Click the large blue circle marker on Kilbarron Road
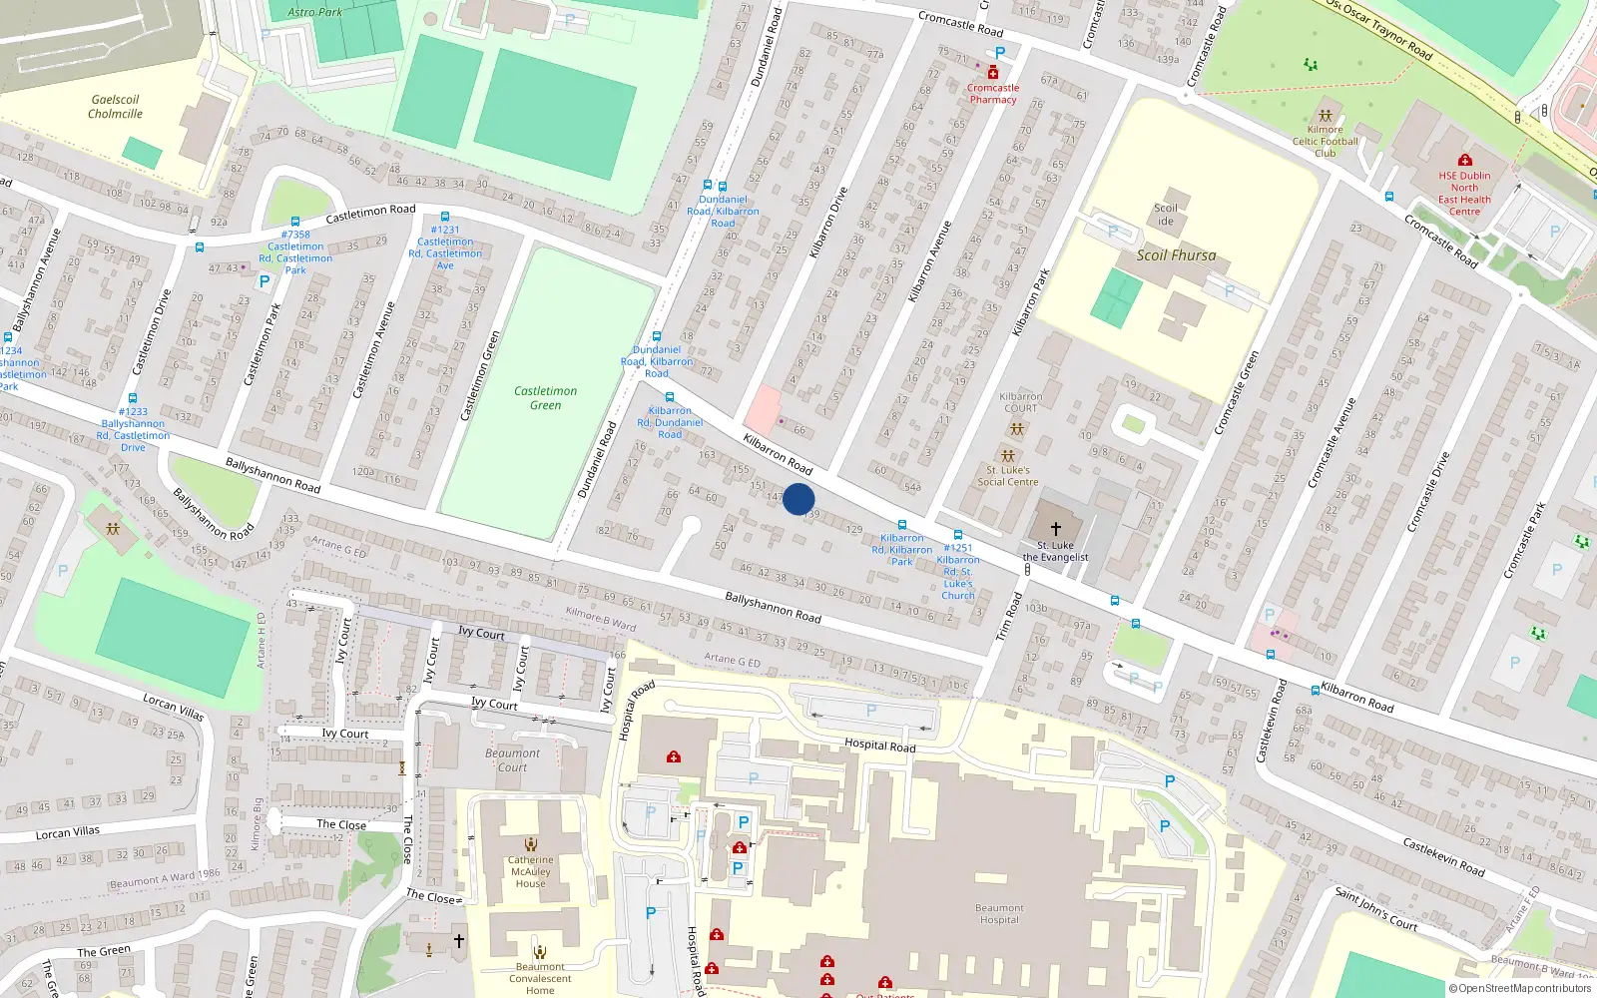tap(798, 499)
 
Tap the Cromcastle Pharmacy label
tap(992, 94)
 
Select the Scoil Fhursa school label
tap(1176, 255)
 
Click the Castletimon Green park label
tap(545, 398)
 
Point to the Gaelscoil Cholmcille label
tap(115, 107)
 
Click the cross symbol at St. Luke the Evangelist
tap(1055, 529)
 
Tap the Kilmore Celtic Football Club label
tap(1325, 142)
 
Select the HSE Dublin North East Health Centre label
tap(1464, 194)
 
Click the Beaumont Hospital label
tap(999, 914)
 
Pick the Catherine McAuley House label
tap(530, 872)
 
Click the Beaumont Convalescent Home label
tap(540, 979)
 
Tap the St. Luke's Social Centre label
tap(1008, 476)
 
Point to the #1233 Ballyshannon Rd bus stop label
tap(133, 429)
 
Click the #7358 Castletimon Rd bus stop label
tap(295, 252)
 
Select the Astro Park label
tap(314, 12)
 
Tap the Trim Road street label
tap(1009, 617)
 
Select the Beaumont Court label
tap(512, 760)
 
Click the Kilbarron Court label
tap(1020, 402)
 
